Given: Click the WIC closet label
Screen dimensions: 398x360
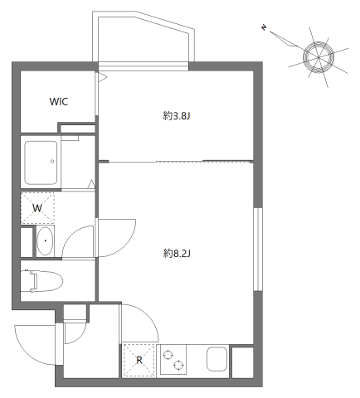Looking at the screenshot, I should pyautogui.click(x=59, y=102).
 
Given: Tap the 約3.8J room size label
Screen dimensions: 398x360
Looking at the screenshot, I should pyautogui.click(x=177, y=116).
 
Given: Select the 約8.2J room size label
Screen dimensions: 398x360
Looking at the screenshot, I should pyautogui.click(x=177, y=251).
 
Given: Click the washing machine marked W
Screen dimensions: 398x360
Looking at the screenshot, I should pyautogui.click(x=37, y=207).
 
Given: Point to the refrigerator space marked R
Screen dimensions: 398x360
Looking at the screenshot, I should pyautogui.click(x=139, y=360).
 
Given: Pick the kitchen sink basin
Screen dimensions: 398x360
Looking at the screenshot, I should pyautogui.click(x=215, y=362).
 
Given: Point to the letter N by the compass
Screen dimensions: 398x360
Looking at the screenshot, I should pyautogui.click(x=264, y=30).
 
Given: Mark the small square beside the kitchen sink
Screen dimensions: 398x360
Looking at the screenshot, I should pyautogui.click(x=243, y=362).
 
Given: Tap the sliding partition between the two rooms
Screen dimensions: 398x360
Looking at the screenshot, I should pyautogui.click(x=178, y=160).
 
